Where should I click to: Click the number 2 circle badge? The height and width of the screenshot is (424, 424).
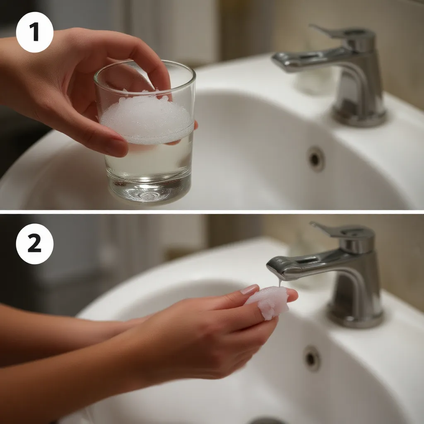[35, 244]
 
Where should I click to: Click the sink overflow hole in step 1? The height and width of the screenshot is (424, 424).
[316, 159]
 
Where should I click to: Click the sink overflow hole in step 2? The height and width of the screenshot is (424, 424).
[312, 358]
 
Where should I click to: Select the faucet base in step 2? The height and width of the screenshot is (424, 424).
[355, 317]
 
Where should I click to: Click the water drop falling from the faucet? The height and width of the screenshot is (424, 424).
[280, 282]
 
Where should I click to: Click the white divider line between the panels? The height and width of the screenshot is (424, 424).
[212, 212]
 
